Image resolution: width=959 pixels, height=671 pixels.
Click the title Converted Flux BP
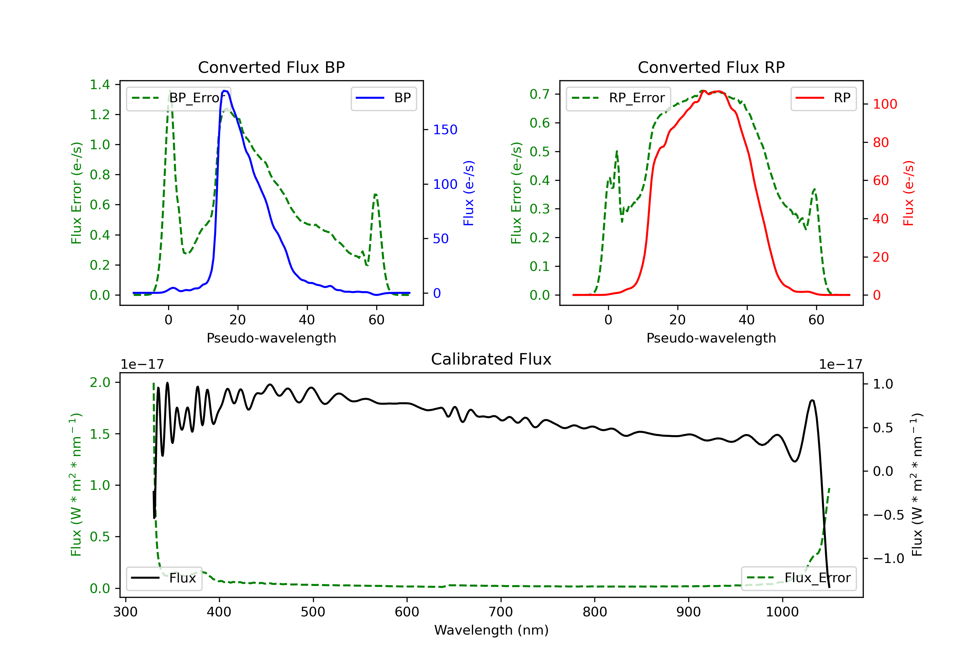click(271, 67)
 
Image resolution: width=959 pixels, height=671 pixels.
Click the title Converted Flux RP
click(711, 67)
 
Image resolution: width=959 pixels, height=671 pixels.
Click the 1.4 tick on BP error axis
click(100, 85)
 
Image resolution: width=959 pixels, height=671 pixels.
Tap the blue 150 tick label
click(445, 130)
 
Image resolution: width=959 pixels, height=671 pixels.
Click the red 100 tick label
click(885, 104)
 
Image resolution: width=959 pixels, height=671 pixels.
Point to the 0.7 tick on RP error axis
click(540, 94)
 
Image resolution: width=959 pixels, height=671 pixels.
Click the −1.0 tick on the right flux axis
click(888, 559)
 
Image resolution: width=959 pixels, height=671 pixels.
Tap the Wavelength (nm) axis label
click(491, 630)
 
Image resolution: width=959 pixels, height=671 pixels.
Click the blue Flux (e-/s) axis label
click(469, 193)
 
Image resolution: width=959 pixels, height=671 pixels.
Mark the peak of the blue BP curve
click(225, 91)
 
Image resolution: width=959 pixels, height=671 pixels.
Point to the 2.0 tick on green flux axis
click(100, 382)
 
